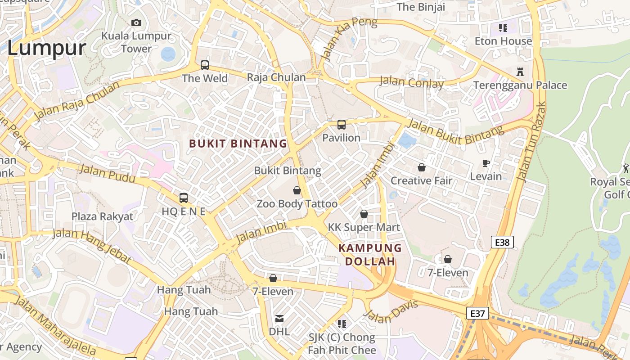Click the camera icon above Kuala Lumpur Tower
[x=136, y=22]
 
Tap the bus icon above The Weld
[x=205, y=65]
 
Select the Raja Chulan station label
[x=276, y=77]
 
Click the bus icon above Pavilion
[x=342, y=125]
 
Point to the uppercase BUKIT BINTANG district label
[x=238, y=144]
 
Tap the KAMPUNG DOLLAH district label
[x=370, y=255]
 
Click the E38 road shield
[x=502, y=243]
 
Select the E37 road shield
[x=477, y=313]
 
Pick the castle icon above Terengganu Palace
[x=520, y=72]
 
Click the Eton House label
[x=503, y=41]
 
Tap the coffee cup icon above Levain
[x=486, y=163]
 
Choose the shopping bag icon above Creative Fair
[x=422, y=167]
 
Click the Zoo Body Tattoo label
[x=297, y=204]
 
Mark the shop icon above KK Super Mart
[x=364, y=214]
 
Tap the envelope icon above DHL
[x=279, y=319]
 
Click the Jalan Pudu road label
[x=107, y=174]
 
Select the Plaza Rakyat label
[x=103, y=216]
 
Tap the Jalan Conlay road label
[x=411, y=82]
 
